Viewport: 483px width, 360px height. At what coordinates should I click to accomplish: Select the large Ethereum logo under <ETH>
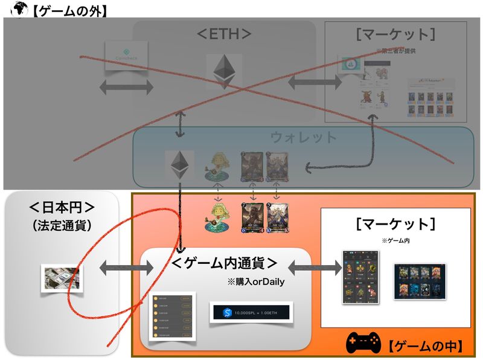pos(223,71)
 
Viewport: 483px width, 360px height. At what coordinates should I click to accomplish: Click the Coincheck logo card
pos(126,57)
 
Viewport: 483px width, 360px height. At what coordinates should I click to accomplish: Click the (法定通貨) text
pos(62,227)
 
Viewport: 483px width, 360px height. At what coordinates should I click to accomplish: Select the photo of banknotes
pos(60,278)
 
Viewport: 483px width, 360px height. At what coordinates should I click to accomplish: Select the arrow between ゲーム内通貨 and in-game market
pos(315,266)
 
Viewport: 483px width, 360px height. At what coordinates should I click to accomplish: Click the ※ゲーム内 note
pos(395,240)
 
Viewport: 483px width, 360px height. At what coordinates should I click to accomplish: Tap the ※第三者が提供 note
pos(395,51)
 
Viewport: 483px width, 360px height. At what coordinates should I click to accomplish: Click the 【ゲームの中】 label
pos(425,346)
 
